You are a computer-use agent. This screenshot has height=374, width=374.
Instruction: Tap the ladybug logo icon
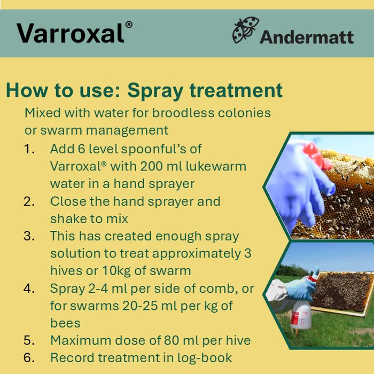pos(245,30)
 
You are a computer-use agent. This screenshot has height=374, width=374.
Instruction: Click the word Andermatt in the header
pos(307,37)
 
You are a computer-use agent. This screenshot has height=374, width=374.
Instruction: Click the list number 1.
pos(29,149)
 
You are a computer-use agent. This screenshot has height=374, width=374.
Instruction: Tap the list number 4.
pos(29,289)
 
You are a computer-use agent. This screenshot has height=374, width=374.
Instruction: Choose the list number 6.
pos(29,357)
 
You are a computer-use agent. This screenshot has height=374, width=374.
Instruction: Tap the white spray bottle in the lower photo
pos(301,315)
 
